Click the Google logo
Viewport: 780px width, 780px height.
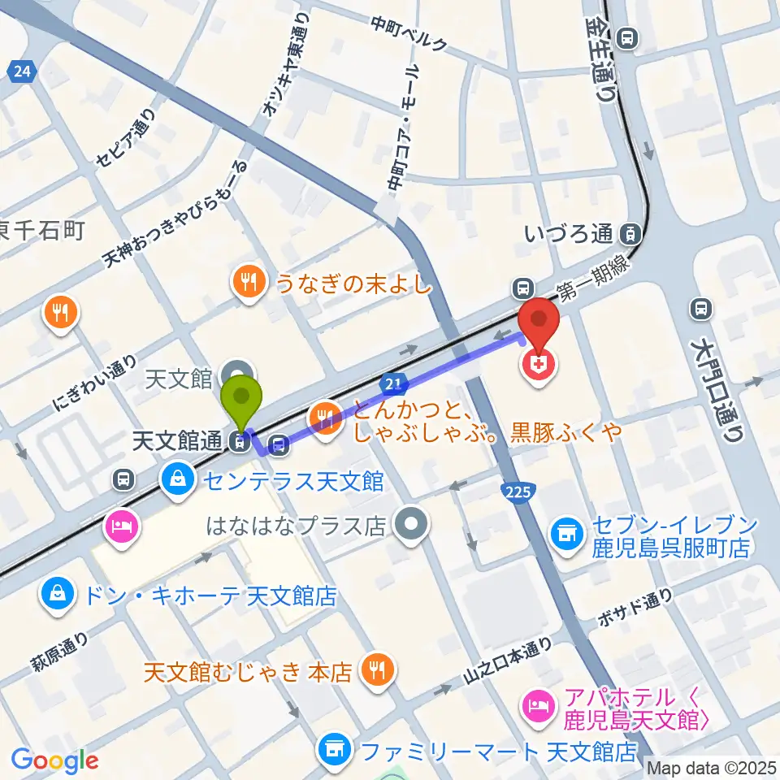tap(54, 760)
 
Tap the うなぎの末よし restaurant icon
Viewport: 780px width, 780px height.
tap(247, 283)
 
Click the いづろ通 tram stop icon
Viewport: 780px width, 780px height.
tap(628, 235)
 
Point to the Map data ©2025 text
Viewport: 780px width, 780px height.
tap(713, 766)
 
